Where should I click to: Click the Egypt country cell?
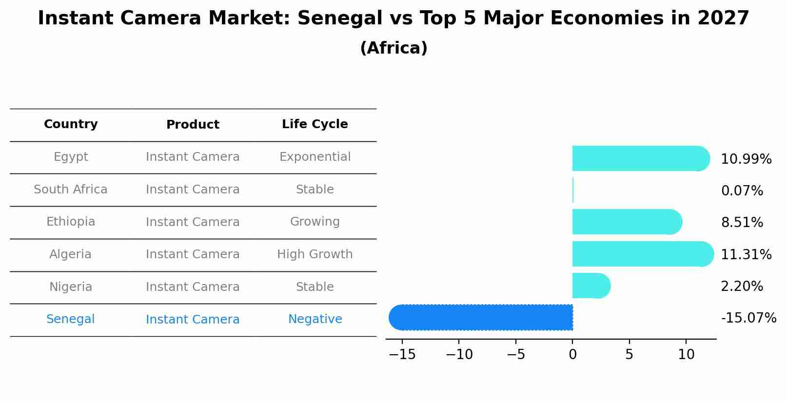[71, 157]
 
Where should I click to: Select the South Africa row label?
[71, 190]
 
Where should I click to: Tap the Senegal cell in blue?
[71, 319]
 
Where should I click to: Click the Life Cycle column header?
[315, 124]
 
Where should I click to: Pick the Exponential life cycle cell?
[315, 157]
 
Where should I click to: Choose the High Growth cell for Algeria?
[315, 254]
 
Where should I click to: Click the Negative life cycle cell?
[315, 319]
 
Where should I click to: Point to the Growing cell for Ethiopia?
[315, 222]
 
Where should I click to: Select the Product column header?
[193, 125]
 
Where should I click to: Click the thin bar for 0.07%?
[573, 190]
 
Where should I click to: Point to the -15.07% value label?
[748, 318]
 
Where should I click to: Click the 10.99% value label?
[746, 159]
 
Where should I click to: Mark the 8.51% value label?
[742, 223]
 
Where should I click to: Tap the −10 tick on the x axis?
[459, 355]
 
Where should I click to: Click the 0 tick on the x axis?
[572, 355]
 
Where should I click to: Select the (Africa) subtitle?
[393, 48]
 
